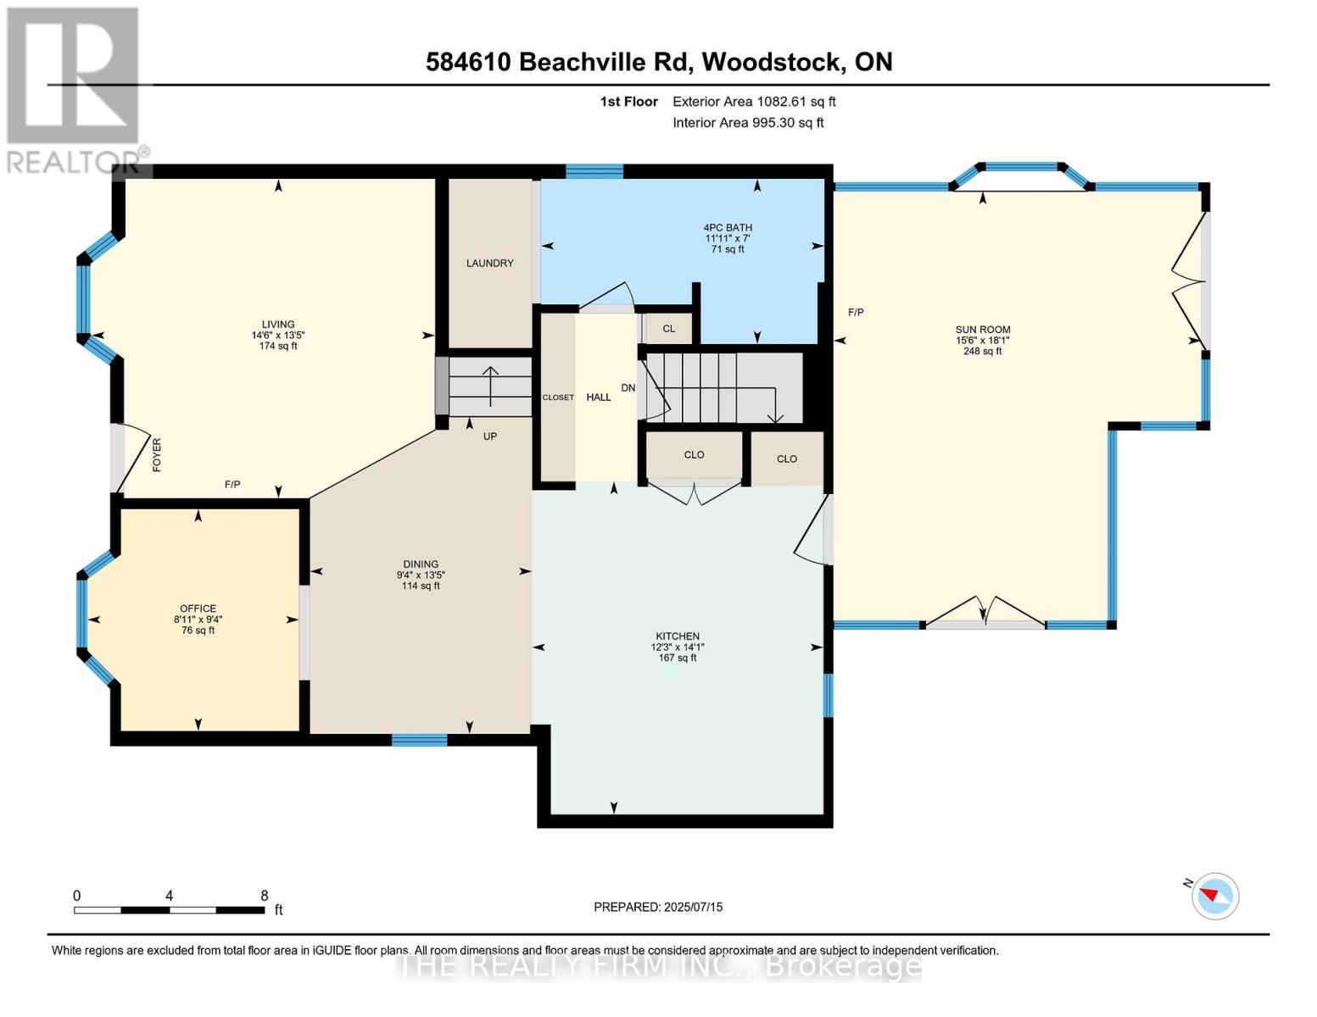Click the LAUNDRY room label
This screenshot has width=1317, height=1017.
489,264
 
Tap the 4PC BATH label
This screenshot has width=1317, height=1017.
728,228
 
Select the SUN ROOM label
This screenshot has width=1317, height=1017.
982,330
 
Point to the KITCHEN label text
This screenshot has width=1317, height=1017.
677,636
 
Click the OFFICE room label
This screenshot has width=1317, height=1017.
198,609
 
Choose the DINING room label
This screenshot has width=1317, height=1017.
421,564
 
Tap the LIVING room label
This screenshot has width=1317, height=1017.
277,325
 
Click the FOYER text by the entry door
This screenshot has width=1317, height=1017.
157,454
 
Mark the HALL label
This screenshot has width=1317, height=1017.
599,397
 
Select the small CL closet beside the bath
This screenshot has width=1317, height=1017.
669,329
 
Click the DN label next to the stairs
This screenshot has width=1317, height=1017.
628,388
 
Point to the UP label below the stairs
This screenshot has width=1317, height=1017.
490,436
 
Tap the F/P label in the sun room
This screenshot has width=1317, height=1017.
856,313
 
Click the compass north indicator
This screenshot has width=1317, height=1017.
1214,895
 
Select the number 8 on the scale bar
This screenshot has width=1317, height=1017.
265,896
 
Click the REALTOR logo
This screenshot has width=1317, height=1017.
74,89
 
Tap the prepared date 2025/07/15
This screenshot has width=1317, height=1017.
693,907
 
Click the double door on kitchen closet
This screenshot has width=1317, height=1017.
694,492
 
